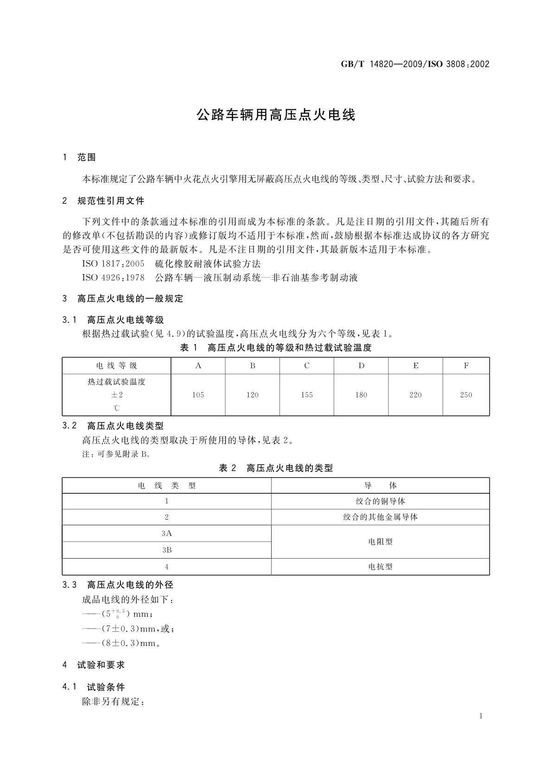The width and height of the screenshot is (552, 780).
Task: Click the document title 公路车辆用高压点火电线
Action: pos(276,115)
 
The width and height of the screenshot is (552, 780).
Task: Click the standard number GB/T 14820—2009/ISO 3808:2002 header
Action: pos(415,64)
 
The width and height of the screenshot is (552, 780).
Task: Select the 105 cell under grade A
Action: pos(198,395)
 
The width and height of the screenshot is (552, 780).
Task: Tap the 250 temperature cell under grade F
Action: pos(466,395)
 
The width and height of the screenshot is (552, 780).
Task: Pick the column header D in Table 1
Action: pos(361,366)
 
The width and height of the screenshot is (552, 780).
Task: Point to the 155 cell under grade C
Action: pos(307,395)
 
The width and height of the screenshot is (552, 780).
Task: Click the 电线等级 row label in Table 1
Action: pos(117,366)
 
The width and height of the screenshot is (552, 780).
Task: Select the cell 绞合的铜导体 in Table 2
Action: pos(380,501)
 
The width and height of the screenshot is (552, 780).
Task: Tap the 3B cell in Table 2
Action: pos(167,550)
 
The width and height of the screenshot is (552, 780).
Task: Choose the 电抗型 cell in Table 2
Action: pos(380,566)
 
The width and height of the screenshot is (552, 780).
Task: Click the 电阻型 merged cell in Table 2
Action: pos(380,541)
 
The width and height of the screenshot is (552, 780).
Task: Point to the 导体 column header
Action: pos(380,485)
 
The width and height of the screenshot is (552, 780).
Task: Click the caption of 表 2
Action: pos(276,468)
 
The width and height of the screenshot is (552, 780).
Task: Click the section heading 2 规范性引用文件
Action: pos(103,201)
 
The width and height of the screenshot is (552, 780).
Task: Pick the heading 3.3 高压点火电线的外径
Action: pos(118,585)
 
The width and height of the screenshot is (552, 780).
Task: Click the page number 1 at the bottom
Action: pos(481,716)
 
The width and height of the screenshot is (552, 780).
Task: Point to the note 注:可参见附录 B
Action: pos(116,454)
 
